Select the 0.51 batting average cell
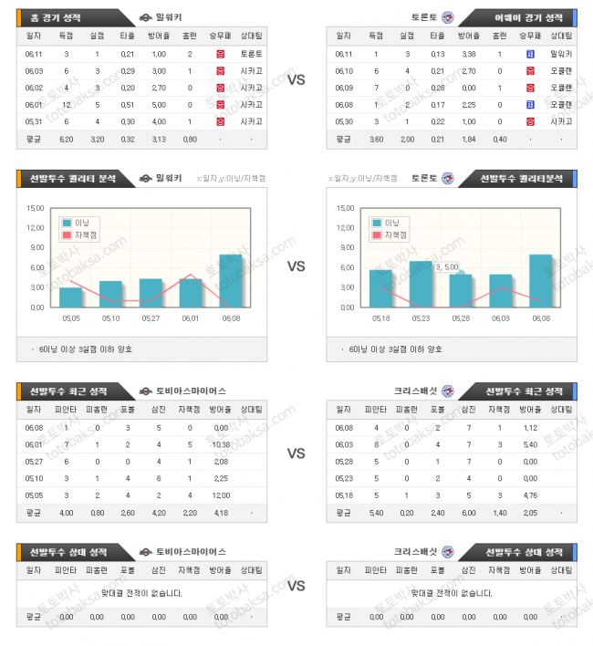pyautogui.click(x=128, y=104)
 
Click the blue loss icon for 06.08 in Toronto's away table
pyautogui.click(x=531, y=104)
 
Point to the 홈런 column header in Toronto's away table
pyautogui.click(x=500, y=36)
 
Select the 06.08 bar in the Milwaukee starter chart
pyautogui.click(x=231, y=281)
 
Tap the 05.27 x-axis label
pyautogui.click(x=151, y=318)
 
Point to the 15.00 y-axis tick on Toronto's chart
pyautogui.click(x=345, y=207)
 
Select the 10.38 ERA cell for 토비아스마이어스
pyautogui.click(x=219, y=444)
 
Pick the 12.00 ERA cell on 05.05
pyautogui.click(x=219, y=495)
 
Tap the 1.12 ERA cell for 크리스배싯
pyautogui.click(x=531, y=428)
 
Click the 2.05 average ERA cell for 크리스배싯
pyautogui.click(x=531, y=513)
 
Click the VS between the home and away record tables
pyautogui.click(x=296, y=79)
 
